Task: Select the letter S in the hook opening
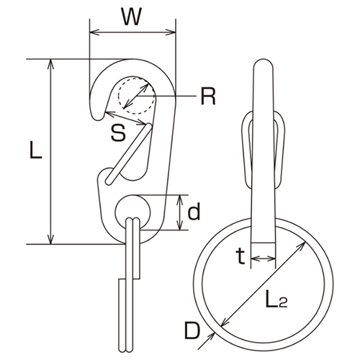click(119, 132)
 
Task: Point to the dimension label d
click(194, 212)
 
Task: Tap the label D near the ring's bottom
click(192, 332)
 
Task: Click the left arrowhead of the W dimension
click(92, 32)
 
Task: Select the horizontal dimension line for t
click(263, 261)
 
